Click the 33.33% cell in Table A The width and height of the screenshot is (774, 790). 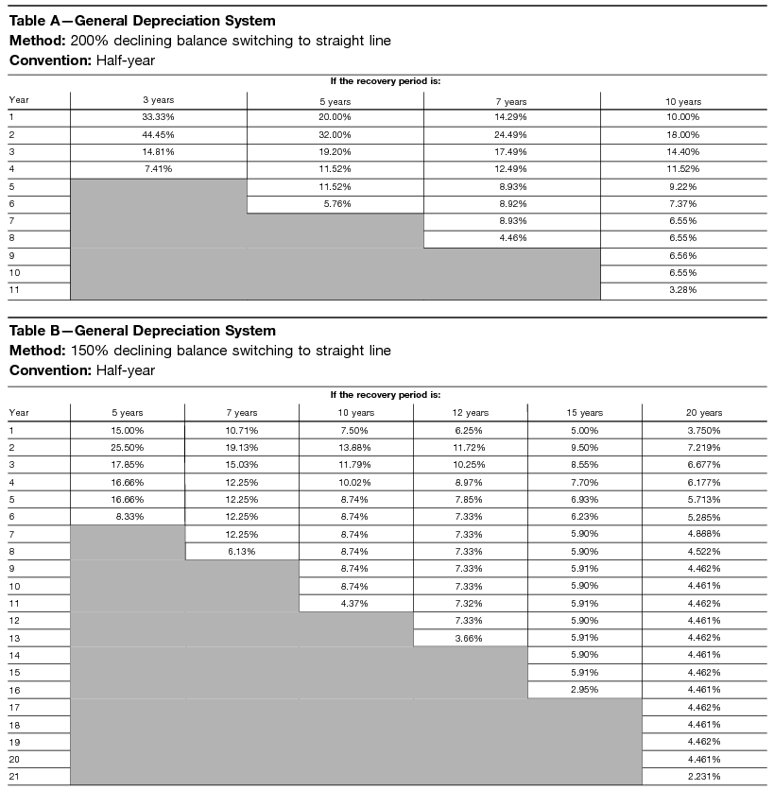click(x=158, y=117)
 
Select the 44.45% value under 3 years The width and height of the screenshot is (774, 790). click(x=158, y=134)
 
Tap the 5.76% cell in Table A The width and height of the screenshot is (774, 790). click(x=335, y=203)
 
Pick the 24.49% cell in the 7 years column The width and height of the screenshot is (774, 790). click(x=511, y=134)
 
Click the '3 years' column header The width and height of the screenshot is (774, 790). click(x=158, y=101)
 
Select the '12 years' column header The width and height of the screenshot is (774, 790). click(x=470, y=413)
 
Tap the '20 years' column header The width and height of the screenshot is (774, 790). click(x=703, y=413)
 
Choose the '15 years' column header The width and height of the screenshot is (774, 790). click(x=584, y=413)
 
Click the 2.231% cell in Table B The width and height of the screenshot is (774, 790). click(x=703, y=777)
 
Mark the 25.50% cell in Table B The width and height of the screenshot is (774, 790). click(x=128, y=447)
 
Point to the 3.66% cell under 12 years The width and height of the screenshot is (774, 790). click(x=470, y=638)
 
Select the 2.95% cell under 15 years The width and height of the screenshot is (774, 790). click(x=584, y=690)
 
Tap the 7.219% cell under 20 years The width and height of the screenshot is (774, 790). click(x=703, y=447)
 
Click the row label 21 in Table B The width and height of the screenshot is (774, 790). click(x=15, y=777)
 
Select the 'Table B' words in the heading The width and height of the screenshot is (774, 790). click(x=36, y=331)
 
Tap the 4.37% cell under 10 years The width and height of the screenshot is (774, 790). click(x=355, y=603)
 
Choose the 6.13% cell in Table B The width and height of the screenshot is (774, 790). click(x=242, y=551)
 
